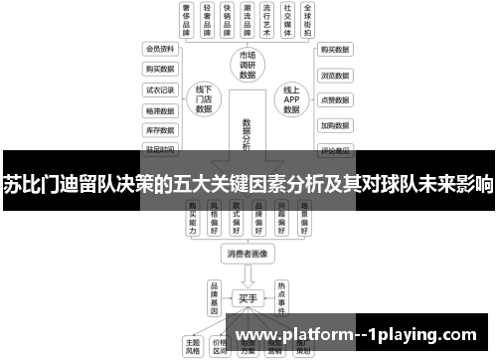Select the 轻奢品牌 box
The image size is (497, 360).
[209, 20]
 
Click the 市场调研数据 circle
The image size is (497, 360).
[248, 64]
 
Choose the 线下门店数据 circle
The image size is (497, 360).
[205, 99]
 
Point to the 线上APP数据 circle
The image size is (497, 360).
[291, 99]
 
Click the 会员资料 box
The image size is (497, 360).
[159, 48]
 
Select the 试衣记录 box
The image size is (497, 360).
[159, 90]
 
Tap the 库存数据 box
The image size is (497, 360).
[159, 130]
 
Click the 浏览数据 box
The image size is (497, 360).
[334, 75]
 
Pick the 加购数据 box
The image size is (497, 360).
[334, 125]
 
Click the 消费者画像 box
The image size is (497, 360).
[248, 254]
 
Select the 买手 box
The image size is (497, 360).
[248, 296]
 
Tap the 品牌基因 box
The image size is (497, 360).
[212, 294]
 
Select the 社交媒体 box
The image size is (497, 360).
[288, 20]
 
